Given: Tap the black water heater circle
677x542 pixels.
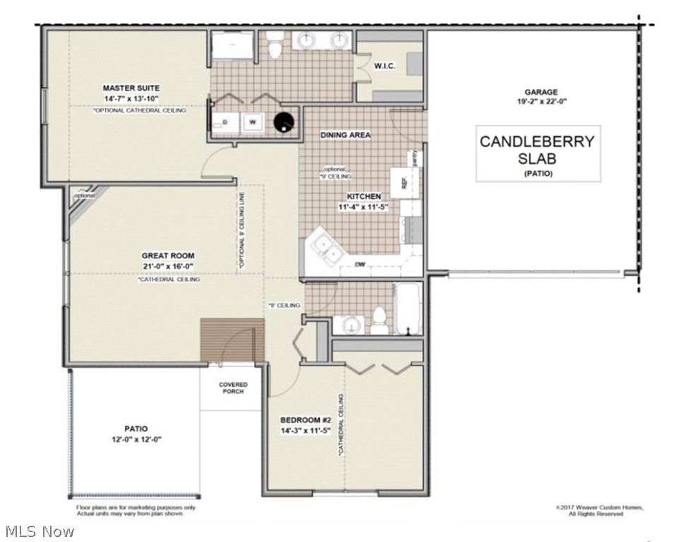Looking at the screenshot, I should tap(283, 123).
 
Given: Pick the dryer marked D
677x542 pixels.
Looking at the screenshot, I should tap(224, 123).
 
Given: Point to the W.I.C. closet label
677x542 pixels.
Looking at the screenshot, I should tap(384, 66).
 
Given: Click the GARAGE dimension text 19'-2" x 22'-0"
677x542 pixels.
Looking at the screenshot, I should tap(541, 102).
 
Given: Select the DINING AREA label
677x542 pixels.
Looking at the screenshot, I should tap(345, 135).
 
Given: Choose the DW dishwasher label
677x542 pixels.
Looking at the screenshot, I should tap(359, 265).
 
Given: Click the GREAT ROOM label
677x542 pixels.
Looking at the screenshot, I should tap(168, 256).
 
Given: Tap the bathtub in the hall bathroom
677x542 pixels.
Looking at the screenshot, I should tap(408, 308).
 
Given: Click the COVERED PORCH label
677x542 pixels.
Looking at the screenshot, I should tap(233, 388).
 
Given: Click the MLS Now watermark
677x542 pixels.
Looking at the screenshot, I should tap(38, 531).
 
